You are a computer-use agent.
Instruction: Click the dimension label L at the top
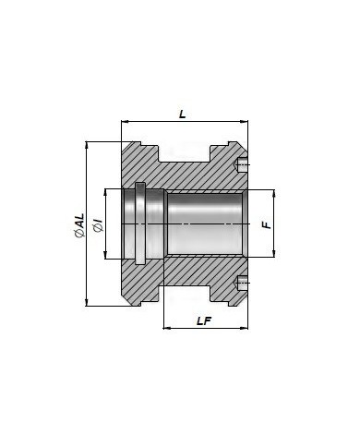pyautogui.click(x=183, y=115)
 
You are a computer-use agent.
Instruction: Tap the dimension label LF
pyautogui.click(x=204, y=321)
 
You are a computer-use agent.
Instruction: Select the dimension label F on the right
pyautogui.click(x=267, y=223)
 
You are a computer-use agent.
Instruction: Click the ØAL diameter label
pyautogui.click(x=79, y=225)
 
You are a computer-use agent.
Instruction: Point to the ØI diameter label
pyautogui.click(x=98, y=226)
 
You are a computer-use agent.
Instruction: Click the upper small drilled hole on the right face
pyautogui.click(x=242, y=164)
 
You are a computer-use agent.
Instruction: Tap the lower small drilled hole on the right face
pyautogui.click(x=242, y=283)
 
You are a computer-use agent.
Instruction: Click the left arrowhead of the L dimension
pyautogui.click(x=125, y=122)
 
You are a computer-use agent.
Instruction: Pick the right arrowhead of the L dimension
pyautogui.click(x=245, y=122)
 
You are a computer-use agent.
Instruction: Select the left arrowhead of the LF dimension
pyautogui.click(x=166, y=328)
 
